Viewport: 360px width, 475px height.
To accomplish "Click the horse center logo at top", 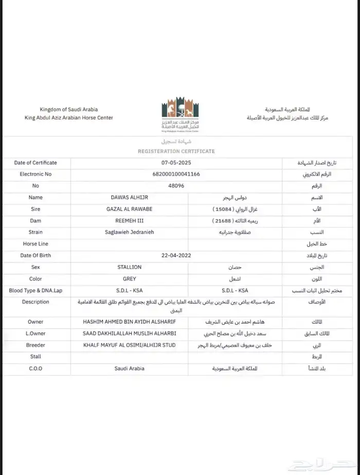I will (x=179, y=114).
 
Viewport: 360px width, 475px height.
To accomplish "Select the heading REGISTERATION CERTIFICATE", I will (x=176, y=151).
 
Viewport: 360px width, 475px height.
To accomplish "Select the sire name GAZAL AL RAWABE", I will (x=132, y=209).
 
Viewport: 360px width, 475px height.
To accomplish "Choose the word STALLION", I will (x=130, y=267).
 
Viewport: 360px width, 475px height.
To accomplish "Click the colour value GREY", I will (x=130, y=279).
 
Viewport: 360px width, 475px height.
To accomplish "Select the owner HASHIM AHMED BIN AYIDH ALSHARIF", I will (x=129, y=322).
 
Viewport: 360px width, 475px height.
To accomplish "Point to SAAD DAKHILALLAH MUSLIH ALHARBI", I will (x=130, y=333).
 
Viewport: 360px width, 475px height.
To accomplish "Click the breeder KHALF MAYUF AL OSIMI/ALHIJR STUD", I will (x=129, y=345).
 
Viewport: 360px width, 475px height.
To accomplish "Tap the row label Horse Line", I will (x=35, y=244).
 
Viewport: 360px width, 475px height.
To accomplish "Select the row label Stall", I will (x=35, y=356).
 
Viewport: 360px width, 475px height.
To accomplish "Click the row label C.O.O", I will (x=35, y=368).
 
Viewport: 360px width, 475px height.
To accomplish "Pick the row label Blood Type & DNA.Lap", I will (x=35, y=290).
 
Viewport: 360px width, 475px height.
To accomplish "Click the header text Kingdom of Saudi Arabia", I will (x=68, y=110).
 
